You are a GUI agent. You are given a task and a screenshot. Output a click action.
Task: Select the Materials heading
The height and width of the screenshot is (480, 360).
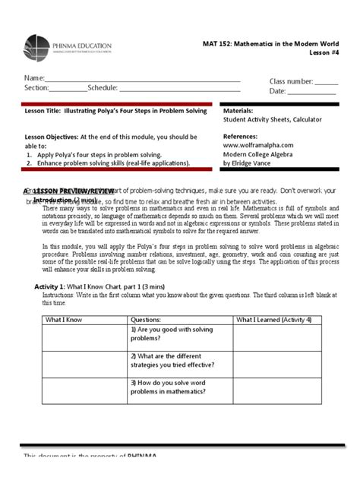pos(239,110)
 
